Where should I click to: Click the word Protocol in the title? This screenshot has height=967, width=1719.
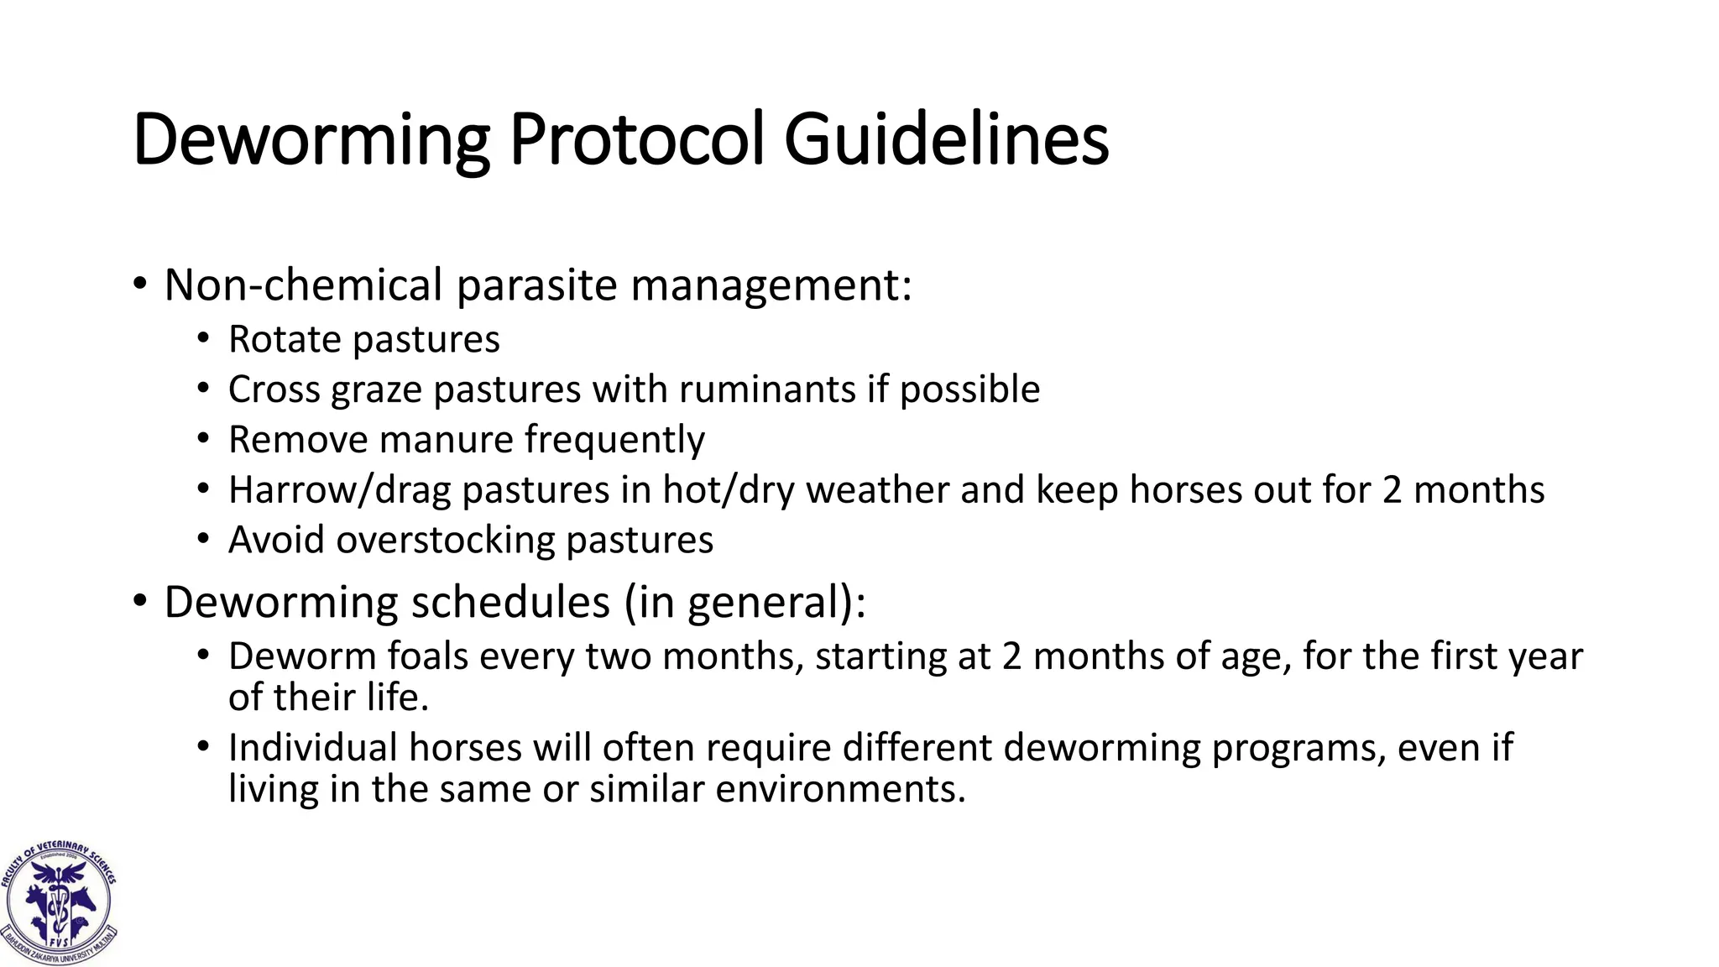(636, 139)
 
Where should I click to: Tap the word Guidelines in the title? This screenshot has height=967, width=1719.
(946, 139)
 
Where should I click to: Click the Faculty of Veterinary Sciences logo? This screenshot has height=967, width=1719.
(59, 902)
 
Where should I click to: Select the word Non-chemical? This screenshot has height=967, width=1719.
(303, 285)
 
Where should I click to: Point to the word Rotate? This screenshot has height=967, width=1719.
(285, 340)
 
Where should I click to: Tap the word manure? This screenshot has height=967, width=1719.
(446, 440)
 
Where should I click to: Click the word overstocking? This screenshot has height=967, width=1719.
(446, 540)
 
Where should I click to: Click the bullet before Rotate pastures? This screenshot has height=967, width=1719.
(202, 340)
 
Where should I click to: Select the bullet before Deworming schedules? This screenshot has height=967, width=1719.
(139, 603)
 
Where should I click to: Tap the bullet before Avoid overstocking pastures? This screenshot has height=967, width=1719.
(202, 540)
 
